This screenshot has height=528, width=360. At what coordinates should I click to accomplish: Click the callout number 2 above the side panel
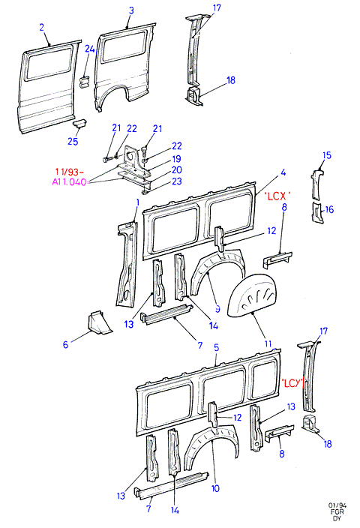click(42, 27)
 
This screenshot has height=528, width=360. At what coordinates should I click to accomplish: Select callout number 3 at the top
click(131, 10)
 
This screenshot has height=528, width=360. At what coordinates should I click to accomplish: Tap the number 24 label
click(90, 49)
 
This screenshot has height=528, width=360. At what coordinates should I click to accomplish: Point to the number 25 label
click(73, 141)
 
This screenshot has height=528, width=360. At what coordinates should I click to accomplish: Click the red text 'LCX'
click(277, 196)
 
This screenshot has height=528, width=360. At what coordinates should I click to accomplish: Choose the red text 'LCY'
click(292, 382)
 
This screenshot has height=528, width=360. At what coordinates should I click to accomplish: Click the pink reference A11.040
click(69, 182)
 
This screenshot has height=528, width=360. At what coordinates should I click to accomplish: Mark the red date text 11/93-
click(69, 172)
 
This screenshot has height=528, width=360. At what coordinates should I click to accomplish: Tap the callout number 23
click(177, 181)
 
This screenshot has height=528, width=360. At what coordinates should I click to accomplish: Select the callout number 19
click(177, 158)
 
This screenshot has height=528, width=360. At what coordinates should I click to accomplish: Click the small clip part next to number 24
click(84, 82)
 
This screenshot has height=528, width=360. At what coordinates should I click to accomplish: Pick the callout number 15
click(327, 155)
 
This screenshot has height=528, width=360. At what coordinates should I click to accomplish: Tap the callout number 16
click(329, 209)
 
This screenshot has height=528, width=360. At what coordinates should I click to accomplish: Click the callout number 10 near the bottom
click(215, 488)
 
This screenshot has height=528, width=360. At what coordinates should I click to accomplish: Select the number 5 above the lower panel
click(216, 347)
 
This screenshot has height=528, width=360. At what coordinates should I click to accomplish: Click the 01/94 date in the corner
click(337, 505)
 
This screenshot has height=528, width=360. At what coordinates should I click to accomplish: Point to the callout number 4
click(283, 172)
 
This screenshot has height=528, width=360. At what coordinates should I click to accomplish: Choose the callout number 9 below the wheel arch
click(217, 309)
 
